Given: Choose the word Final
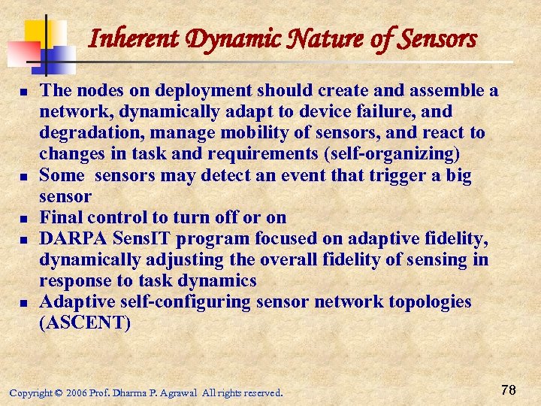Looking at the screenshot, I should tap(61, 217).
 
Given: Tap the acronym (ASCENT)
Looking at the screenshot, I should tap(85, 323).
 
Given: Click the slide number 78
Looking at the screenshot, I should tap(508, 389).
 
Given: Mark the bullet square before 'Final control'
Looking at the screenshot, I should tap(24, 219).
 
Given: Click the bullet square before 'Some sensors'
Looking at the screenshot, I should tap(24, 177).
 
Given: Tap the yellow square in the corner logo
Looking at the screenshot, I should tap(38, 32).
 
